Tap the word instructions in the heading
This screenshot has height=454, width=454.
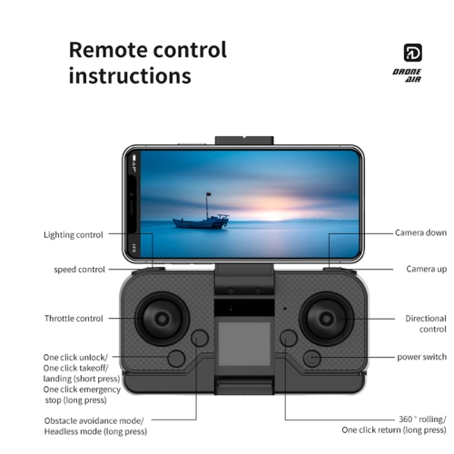point(130,75)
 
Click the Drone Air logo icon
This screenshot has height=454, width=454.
point(413,53)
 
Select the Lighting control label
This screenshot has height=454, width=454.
point(74,235)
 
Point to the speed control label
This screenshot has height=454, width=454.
point(79,270)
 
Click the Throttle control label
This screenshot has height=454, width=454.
point(74,319)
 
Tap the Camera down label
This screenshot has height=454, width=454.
point(420,232)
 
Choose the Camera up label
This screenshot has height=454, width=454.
point(427,269)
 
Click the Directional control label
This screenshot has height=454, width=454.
point(426,323)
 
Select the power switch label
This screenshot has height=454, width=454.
point(422,357)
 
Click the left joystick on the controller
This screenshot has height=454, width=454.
point(163,319)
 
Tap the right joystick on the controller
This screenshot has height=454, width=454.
point(326,319)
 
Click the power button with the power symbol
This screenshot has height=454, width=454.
point(312,359)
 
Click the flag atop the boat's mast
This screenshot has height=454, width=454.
point(208,194)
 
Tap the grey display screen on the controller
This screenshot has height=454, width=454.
point(244,344)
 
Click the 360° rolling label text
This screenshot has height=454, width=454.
point(422,419)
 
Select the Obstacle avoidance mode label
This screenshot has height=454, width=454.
point(94,420)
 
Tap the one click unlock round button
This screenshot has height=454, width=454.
point(176,359)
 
